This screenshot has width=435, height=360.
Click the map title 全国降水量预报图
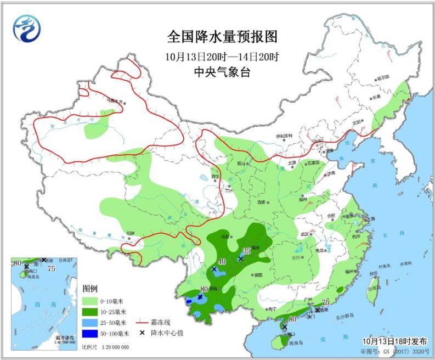222,37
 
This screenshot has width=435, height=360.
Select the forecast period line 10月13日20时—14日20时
222,56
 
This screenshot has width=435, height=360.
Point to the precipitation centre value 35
246,250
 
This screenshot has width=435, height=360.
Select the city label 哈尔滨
386,77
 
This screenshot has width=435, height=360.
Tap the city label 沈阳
357,122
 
